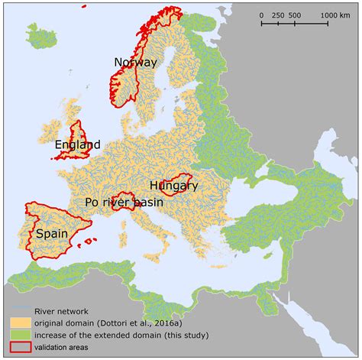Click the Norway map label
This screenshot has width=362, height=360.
[135, 62]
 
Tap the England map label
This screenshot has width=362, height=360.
[77, 144]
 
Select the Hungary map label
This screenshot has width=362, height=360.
[173, 185]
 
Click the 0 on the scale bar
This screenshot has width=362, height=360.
[261, 15]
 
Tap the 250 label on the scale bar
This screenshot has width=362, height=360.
[279, 15]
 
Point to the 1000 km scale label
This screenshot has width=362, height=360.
[335, 15]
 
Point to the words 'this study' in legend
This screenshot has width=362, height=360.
[175, 336]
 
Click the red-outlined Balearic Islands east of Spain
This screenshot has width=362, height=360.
[91, 242]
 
